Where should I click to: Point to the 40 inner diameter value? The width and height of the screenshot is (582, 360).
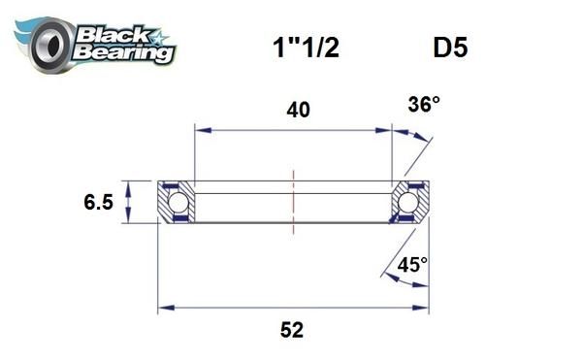coord(298,111)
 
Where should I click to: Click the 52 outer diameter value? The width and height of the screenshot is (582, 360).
coord(290,330)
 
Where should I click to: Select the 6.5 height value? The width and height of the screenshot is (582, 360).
coord(99,204)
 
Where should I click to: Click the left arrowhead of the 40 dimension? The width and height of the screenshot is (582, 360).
coord(201,127)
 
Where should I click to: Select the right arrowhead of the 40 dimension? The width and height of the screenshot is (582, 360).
coord(384,127)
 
